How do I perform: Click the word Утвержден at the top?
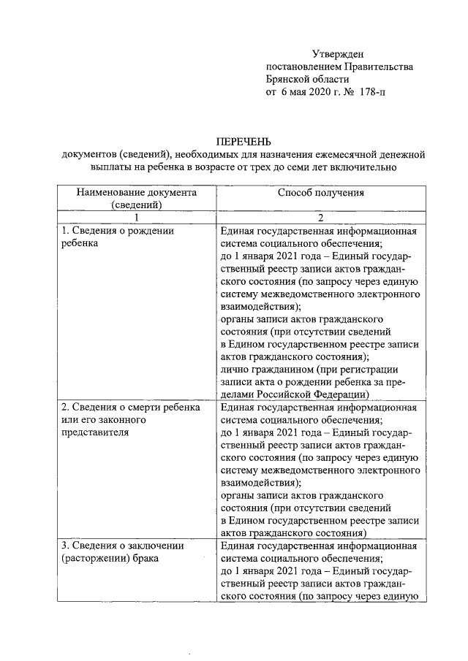337,53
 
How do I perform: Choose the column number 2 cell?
320,218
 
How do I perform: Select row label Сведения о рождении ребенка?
117,237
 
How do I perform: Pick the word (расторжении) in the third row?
94,559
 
